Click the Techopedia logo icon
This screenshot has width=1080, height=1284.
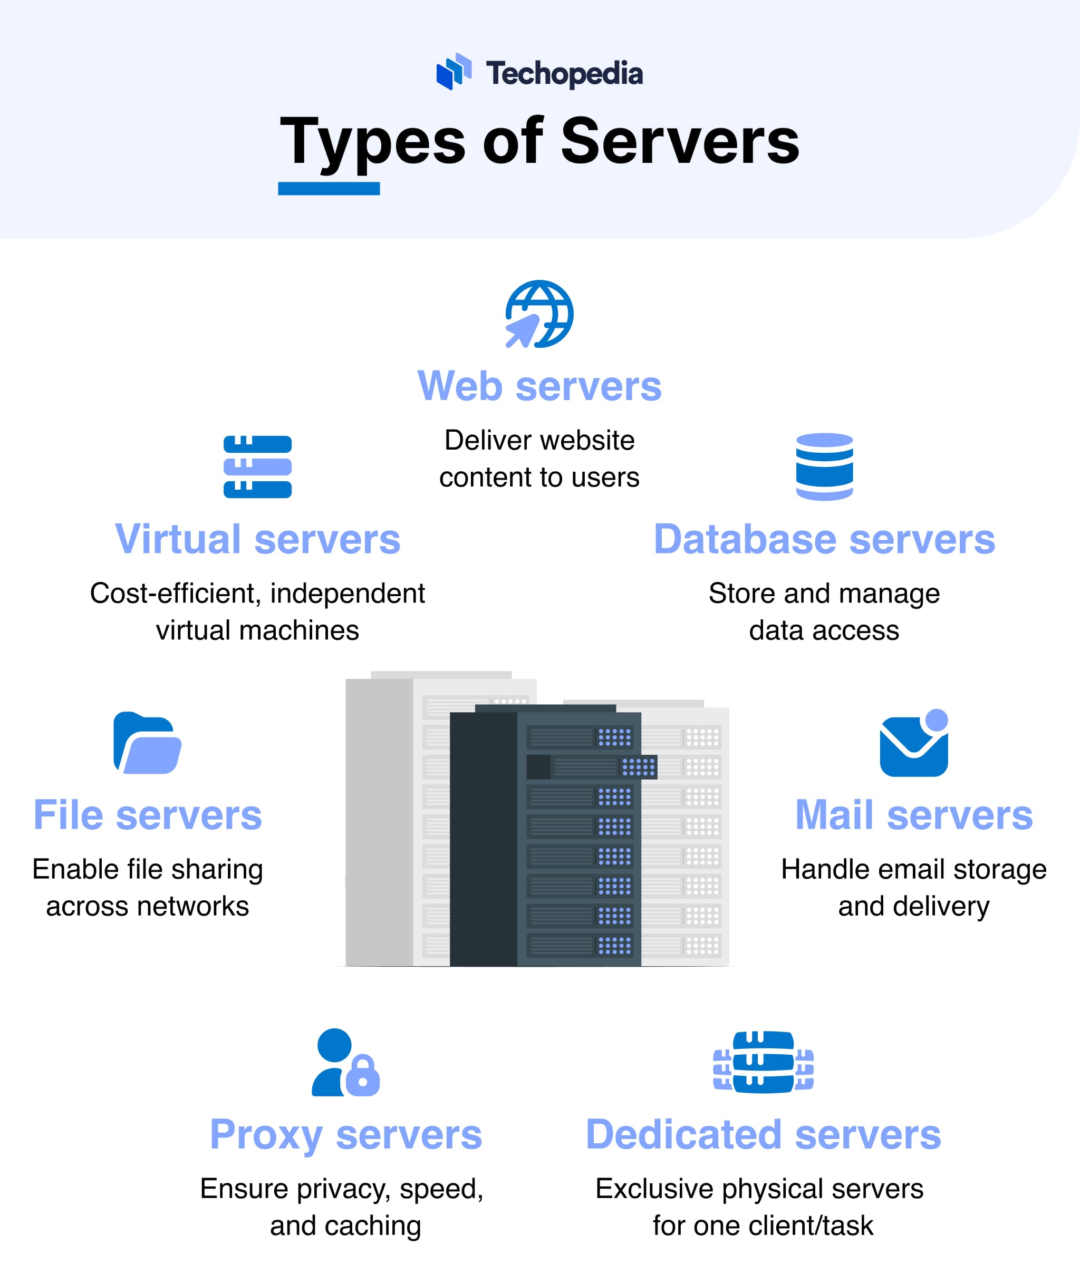click(454, 72)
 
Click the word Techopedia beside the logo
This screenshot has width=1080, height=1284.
click(564, 73)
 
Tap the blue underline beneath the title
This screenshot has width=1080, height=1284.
click(329, 189)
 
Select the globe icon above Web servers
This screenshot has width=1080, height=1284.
click(539, 314)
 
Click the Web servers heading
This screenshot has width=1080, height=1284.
click(539, 386)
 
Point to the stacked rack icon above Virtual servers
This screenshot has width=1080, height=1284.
click(257, 466)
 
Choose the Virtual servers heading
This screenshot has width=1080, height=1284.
click(257, 539)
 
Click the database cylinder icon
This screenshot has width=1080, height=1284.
click(824, 466)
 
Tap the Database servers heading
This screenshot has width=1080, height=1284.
click(824, 539)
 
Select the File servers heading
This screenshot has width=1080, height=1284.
click(148, 815)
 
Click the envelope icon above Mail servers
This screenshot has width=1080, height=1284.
click(913, 747)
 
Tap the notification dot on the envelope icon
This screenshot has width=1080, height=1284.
click(936, 719)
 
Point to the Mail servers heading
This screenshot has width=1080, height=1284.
click(913, 815)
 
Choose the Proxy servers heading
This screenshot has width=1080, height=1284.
click(346, 1135)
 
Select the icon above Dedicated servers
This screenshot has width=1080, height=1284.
click(763, 1062)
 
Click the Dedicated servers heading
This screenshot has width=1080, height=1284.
click(763, 1135)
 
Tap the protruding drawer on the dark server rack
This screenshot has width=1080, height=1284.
click(592, 767)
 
